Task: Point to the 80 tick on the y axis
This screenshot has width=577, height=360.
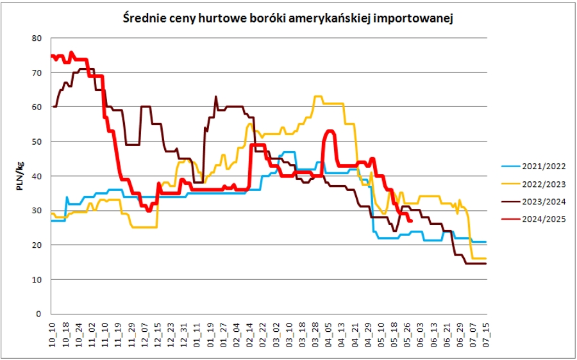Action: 37,38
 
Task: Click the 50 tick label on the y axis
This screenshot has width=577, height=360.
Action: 37,142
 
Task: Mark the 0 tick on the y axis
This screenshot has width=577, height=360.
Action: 39,314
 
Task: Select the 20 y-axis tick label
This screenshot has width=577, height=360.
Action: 37,245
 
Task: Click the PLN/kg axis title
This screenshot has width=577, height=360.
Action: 21,176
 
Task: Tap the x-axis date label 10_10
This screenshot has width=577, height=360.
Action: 53,335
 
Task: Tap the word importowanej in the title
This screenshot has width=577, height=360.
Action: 421,19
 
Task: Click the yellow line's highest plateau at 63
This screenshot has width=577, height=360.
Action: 317,97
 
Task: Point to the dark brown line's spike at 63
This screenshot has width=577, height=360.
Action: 215,97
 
